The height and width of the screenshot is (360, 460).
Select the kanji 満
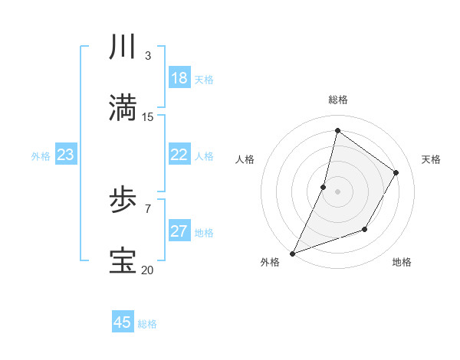tap(123, 108)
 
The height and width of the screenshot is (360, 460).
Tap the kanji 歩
tap(123, 201)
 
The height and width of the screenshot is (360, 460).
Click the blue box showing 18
tap(179, 78)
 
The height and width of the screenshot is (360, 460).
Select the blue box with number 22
tap(179, 155)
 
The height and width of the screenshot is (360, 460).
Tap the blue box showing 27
tap(179, 231)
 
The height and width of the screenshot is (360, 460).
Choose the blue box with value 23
tap(66, 155)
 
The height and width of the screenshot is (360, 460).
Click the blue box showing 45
tap(123, 322)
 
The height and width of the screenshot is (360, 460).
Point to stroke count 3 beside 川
tap(148, 55)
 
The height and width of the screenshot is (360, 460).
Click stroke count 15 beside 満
tap(148, 116)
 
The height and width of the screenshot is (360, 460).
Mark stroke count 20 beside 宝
tap(147, 270)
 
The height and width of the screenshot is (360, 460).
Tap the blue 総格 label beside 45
tap(148, 324)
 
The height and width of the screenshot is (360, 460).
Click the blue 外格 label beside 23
tap(41, 156)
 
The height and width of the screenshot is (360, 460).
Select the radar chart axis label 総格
tap(337, 100)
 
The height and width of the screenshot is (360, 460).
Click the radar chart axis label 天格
tap(432, 159)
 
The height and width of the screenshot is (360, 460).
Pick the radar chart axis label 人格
tap(244, 159)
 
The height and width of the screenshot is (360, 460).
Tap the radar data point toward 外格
tap(292, 253)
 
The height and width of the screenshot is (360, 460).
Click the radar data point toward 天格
tap(396, 172)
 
